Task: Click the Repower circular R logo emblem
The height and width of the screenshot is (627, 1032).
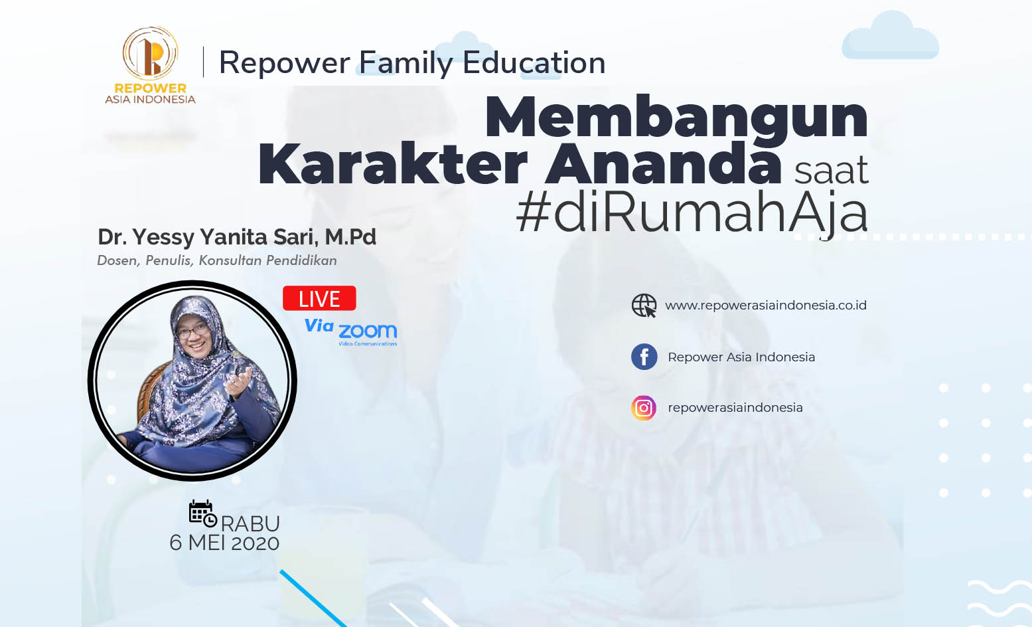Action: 150,53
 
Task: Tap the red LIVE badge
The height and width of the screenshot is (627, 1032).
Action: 319,298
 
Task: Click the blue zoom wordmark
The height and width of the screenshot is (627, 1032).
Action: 368,331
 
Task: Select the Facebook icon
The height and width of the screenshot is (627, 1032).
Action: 644,357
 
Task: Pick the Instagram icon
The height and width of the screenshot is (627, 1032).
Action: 644,408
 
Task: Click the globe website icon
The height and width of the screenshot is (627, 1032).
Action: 644,306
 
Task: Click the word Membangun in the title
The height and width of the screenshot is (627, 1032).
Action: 676,117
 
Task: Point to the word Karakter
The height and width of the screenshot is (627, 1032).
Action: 392,164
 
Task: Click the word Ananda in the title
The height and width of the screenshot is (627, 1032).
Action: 664,164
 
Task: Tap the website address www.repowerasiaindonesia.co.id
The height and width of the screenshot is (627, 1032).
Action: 766,306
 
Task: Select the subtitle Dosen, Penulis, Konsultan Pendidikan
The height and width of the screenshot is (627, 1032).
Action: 217,260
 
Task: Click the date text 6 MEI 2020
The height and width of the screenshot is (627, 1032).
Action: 224,543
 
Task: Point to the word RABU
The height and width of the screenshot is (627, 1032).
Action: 251,524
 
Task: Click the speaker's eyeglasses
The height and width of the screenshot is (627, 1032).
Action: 192,331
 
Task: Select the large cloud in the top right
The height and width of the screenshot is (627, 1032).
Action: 890,36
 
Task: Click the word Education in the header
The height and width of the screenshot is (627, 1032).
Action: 534,62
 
